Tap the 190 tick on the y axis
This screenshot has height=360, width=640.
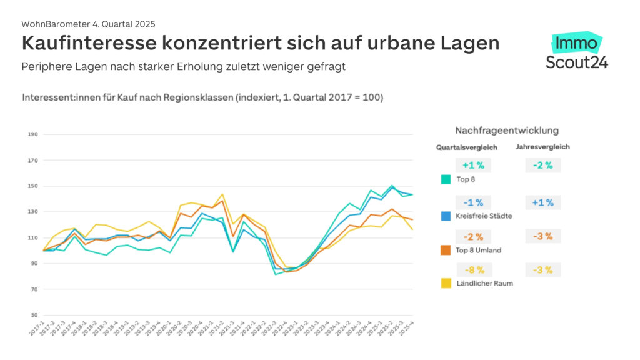(33, 134)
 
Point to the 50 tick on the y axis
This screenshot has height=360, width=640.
(33, 316)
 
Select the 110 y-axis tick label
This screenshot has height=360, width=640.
(33, 238)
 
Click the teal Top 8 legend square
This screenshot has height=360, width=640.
(446, 179)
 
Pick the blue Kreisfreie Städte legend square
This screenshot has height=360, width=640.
(446, 216)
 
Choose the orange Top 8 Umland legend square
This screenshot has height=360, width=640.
(446, 250)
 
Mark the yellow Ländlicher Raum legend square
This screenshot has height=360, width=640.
(446, 283)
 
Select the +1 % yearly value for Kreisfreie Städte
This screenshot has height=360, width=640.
(542, 202)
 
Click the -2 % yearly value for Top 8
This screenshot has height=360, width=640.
(542, 166)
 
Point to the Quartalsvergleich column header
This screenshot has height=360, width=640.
(466, 147)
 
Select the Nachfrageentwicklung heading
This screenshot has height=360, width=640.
(507, 131)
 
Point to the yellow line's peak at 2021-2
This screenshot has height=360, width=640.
(222, 194)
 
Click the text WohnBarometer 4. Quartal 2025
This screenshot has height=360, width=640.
(88, 24)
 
